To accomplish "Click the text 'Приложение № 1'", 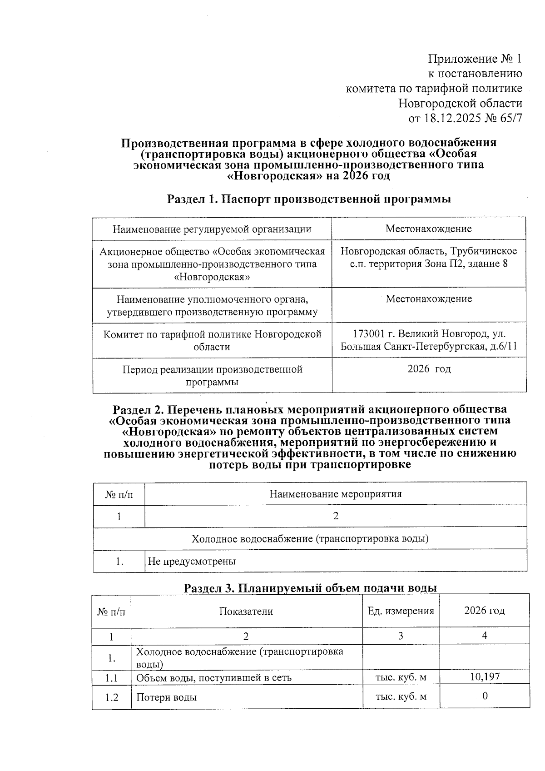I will pyautogui.click(x=475, y=59).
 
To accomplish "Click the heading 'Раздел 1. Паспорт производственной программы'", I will pyautogui.click(x=309, y=199).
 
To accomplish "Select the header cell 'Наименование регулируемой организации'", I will pyautogui.click(x=212, y=229).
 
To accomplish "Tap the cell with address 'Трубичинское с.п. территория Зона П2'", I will pyautogui.click(x=429, y=258).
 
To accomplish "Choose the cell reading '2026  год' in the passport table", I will pyautogui.click(x=429, y=369).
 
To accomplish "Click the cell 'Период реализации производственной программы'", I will pyautogui.click(x=212, y=375).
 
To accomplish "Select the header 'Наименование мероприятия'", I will pyautogui.click(x=336, y=494).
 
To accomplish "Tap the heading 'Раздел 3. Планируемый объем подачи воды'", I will pyautogui.click(x=310, y=588).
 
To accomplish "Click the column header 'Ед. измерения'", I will pyautogui.click(x=401, y=611).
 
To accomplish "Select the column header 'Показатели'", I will pyautogui.click(x=246, y=612).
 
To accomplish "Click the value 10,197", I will pyautogui.click(x=485, y=677).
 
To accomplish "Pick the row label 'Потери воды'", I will pyautogui.click(x=167, y=697).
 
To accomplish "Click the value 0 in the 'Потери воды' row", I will pyautogui.click(x=485, y=696).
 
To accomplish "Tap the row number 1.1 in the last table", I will pyautogui.click(x=112, y=678).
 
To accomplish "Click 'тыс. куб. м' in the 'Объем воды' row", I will pyautogui.click(x=401, y=678).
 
